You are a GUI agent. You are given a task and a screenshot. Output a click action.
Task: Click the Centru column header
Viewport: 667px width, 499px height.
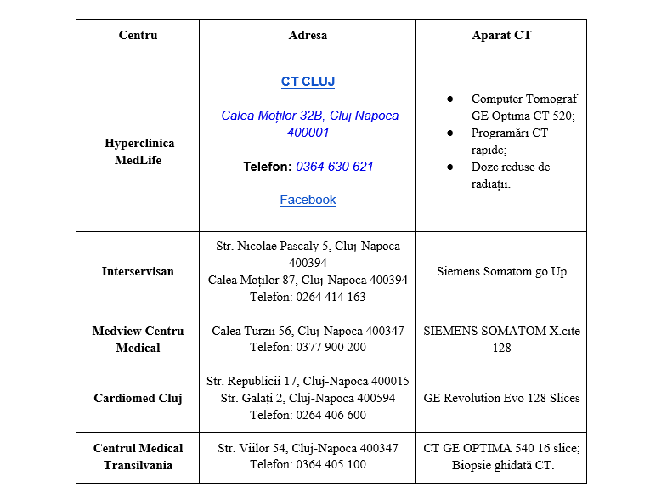tap(138, 36)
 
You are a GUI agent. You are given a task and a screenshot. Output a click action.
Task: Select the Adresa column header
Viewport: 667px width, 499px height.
tap(308, 36)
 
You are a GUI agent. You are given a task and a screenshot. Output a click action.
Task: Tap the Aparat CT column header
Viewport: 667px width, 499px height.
tap(501, 36)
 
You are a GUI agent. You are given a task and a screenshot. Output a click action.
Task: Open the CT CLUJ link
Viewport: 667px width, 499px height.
tap(308, 82)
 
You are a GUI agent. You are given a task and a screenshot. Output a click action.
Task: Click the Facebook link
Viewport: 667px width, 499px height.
tap(308, 200)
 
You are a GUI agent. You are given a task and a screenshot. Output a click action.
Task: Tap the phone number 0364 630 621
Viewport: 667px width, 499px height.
tap(335, 167)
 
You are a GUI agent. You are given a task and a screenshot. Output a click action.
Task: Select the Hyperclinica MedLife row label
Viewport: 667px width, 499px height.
tap(138, 151)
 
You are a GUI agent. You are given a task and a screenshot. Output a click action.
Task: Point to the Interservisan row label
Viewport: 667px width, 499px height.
tap(138, 272)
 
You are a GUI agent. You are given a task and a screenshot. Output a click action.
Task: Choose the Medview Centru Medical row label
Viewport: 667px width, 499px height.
tap(138, 339)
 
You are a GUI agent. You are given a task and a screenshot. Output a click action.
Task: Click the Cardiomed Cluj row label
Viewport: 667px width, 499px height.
tap(138, 398)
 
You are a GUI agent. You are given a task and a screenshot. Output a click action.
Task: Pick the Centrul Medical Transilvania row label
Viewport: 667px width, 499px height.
tap(138, 456)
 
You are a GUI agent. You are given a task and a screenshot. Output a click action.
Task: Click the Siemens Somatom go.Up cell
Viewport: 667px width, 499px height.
tap(501, 272)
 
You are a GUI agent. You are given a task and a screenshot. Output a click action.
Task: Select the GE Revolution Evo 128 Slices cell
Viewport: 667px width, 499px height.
tap(501, 398)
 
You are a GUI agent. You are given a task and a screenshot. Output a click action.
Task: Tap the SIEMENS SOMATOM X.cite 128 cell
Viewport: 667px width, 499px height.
tap(501, 339)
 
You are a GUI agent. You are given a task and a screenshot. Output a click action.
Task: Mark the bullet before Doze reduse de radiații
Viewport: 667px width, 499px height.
tap(450, 167)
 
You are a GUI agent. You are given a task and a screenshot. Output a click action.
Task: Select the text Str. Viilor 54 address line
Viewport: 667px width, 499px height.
tap(308, 448)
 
